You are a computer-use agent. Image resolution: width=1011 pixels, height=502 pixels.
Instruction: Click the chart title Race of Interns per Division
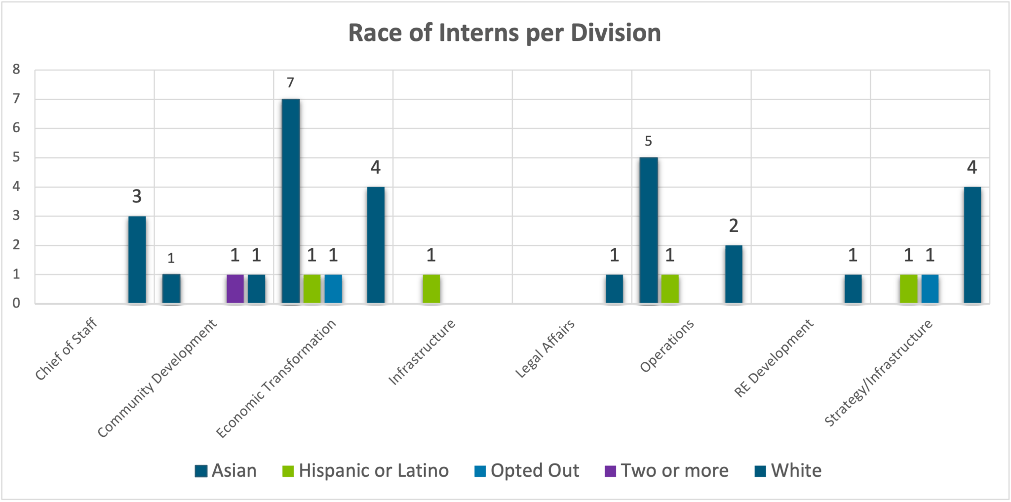pos(504,33)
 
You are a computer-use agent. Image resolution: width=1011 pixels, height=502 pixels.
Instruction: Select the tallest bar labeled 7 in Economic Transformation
pos(291,201)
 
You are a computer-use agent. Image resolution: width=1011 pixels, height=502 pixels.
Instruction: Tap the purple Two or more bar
pos(235,289)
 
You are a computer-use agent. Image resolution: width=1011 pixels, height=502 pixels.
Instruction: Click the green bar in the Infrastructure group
pos(431,289)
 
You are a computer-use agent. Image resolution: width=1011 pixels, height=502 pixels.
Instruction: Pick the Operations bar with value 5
pos(648,230)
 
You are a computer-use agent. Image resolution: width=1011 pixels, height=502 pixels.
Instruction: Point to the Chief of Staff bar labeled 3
pos(137,260)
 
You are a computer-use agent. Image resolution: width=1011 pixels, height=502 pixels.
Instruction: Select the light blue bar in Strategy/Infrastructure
pos(930,289)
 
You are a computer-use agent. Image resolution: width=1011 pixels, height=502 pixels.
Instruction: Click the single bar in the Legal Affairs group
pos(614,289)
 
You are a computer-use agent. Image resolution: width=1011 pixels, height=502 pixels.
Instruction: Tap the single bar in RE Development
pos(853,289)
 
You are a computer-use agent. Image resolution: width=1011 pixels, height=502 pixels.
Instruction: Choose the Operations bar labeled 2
pos(734,274)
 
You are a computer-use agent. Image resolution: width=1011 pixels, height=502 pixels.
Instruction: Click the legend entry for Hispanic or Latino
pos(365,471)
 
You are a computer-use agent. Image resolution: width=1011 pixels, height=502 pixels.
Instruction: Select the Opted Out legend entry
pos(527,471)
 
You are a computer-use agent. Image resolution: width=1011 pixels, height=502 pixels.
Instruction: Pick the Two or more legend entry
pos(666,471)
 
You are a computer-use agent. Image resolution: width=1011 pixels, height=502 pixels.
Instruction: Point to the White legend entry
pos(788,471)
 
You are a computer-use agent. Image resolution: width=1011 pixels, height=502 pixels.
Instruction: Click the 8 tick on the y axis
pos(16,70)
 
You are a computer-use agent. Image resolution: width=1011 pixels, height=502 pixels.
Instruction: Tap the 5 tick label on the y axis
pos(16,157)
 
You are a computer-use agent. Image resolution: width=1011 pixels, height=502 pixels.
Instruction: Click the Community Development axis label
pos(157,379)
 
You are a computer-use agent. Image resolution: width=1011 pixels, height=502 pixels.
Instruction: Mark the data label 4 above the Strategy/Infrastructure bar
pos(972,167)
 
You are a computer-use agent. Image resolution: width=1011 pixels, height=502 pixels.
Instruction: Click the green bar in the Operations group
pos(670,289)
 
